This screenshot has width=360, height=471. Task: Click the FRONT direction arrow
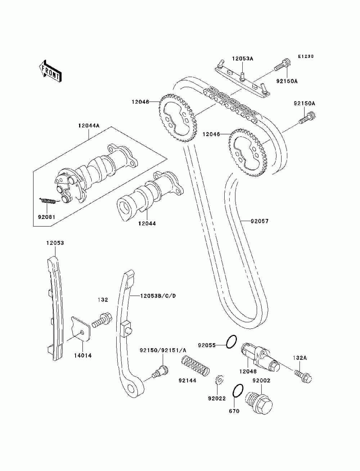50,71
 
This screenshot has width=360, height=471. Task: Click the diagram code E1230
306,56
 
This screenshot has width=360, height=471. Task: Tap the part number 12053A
242,59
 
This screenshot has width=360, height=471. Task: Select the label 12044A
89,126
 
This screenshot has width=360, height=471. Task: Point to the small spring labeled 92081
49,201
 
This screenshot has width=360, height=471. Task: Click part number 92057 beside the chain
260,221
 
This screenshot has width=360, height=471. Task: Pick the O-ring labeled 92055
231,341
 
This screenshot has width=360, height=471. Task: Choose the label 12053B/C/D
158,296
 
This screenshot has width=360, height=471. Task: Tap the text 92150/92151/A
163,350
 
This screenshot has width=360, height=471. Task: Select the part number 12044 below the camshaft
147,223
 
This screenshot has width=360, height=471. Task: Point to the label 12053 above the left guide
55,243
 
